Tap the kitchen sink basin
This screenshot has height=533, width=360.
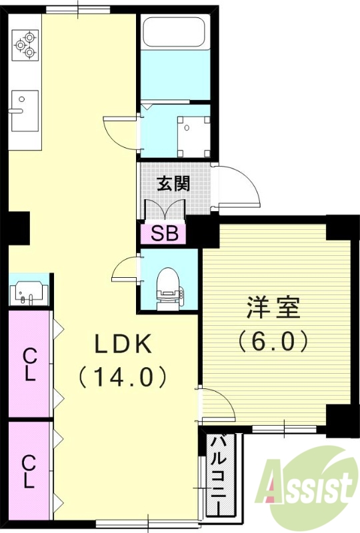24,111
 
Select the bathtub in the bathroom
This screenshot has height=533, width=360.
175,31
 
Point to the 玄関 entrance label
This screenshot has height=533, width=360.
173,184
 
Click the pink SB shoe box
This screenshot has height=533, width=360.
163,233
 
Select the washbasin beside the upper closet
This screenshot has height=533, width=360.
29,291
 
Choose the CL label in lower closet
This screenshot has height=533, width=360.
29,472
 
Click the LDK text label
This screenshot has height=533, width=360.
123,344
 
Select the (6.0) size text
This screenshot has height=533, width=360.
273,341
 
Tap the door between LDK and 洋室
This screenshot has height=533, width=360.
215,406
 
